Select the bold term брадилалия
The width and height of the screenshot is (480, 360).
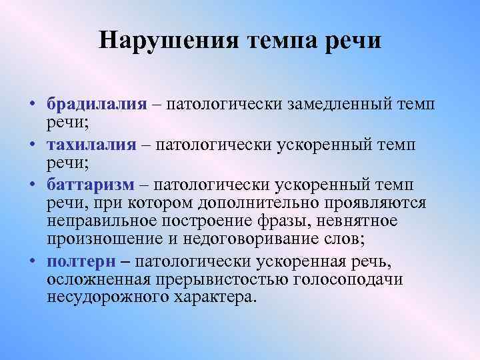[x=96, y=104]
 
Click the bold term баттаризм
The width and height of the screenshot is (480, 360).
[x=90, y=184]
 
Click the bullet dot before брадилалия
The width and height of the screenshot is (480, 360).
[x=32, y=105]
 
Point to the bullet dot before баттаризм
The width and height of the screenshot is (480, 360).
[x=32, y=185]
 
